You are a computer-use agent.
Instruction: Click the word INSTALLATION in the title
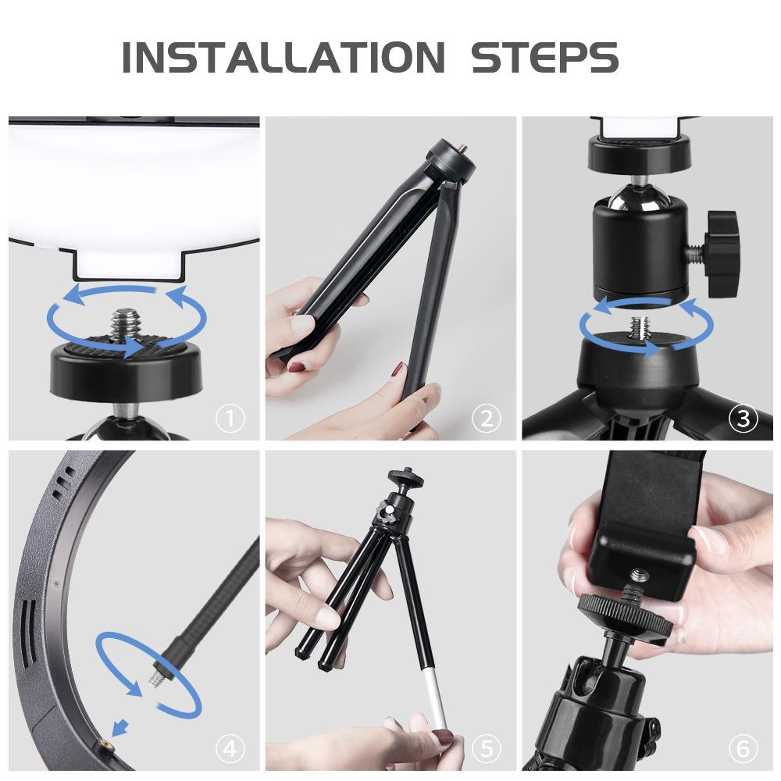click(283, 57)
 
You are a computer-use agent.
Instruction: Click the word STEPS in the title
click(544, 57)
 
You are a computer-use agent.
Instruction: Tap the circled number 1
click(230, 419)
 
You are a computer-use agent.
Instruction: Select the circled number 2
click(486, 419)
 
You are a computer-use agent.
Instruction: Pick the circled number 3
click(744, 419)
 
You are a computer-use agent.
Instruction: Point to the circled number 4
click(230, 749)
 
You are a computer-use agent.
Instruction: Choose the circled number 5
click(486, 749)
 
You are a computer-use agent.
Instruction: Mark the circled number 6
click(744, 749)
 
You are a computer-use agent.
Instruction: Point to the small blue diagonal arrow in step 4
click(120, 728)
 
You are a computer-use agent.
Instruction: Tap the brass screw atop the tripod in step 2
click(464, 148)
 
